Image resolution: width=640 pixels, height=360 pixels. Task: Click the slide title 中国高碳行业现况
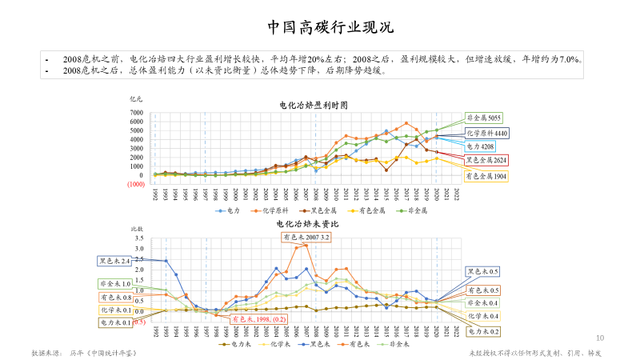[x=319, y=27]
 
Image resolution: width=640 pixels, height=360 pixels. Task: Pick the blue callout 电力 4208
[x=482, y=146]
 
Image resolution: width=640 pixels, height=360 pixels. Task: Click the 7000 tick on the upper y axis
[x=137, y=112]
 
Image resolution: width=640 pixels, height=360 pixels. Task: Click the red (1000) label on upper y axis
[x=134, y=183]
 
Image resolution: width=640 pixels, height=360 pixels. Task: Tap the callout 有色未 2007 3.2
[x=306, y=238]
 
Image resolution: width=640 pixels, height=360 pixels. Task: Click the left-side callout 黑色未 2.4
[x=114, y=261]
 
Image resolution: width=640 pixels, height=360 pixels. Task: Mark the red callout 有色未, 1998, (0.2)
[x=258, y=318]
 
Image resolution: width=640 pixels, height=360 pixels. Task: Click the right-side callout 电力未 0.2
[x=483, y=330]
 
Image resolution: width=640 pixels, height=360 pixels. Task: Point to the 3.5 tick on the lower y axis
[x=138, y=238]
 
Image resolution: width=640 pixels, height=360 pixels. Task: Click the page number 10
[x=600, y=338]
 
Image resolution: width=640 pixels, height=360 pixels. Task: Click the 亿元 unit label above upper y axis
[x=135, y=98]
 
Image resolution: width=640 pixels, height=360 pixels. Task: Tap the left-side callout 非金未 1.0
[x=114, y=284]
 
